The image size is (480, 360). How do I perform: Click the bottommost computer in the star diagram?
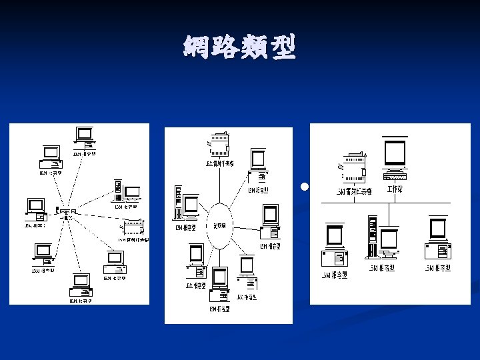pyautogui.click(x=81, y=285)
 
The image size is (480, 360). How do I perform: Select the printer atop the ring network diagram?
pyautogui.click(x=219, y=144)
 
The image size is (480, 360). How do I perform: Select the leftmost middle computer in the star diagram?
pyautogui.click(x=35, y=209)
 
